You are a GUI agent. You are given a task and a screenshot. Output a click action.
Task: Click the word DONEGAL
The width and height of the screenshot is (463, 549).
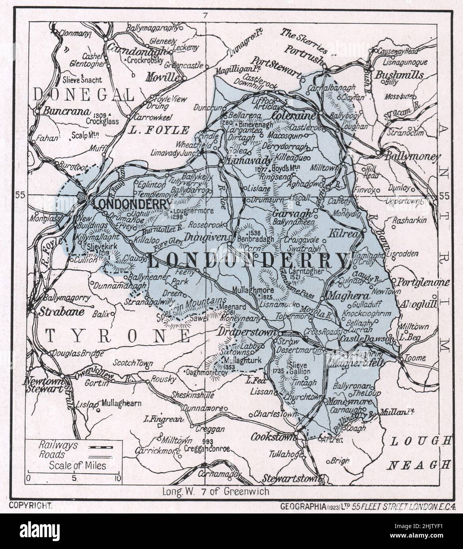point(84,94)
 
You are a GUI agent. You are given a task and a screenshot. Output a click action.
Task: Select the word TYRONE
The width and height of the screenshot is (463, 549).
point(117,336)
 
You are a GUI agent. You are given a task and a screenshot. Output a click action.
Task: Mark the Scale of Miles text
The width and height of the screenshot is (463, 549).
point(77,465)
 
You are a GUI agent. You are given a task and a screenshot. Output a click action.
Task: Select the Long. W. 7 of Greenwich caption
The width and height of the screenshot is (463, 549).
point(216,491)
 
